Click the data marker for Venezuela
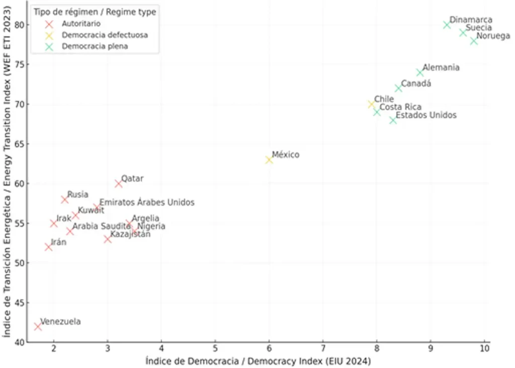pos(38,326)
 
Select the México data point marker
pos(269,160)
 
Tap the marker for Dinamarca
pos(447,25)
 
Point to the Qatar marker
pos(119,184)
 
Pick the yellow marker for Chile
pos(372,104)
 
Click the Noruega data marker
pos(474,41)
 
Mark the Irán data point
pos(48,247)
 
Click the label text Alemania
pos(441,67)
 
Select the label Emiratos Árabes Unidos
pos(147,202)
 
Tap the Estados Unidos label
pos(426,115)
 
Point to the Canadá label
pos(415,84)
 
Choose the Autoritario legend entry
pos(80,24)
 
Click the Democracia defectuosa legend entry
pos(105,35)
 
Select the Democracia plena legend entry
pos(95,46)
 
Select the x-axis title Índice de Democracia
pos(258,360)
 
